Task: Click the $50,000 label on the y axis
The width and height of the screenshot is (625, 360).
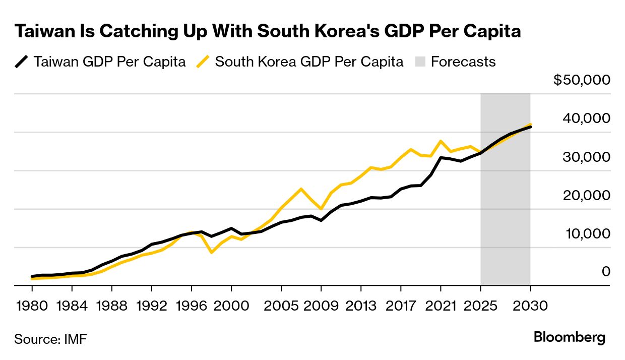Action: tap(582, 80)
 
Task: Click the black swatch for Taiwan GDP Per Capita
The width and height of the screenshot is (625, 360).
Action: tap(21, 62)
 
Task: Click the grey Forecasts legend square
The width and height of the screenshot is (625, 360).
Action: tap(421, 62)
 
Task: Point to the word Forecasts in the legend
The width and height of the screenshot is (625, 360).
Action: tap(463, 62)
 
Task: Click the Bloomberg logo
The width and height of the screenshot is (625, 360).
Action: tap(570, 337)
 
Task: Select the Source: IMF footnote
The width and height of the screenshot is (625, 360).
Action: tap(50, 339)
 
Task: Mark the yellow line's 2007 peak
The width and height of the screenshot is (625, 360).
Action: tap(301, 189)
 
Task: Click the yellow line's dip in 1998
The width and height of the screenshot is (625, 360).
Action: tap(211, 252)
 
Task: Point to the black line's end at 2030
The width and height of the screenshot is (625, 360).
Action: tap(530, 127)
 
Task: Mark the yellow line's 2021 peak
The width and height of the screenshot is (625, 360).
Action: tap(441, 141)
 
